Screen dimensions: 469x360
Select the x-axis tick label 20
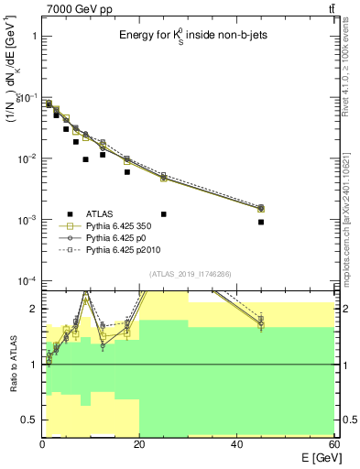point(139,443)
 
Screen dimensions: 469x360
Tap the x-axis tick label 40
point(236,443)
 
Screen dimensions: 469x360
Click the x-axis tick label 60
point(333,443)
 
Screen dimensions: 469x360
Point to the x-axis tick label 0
point(42,443)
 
